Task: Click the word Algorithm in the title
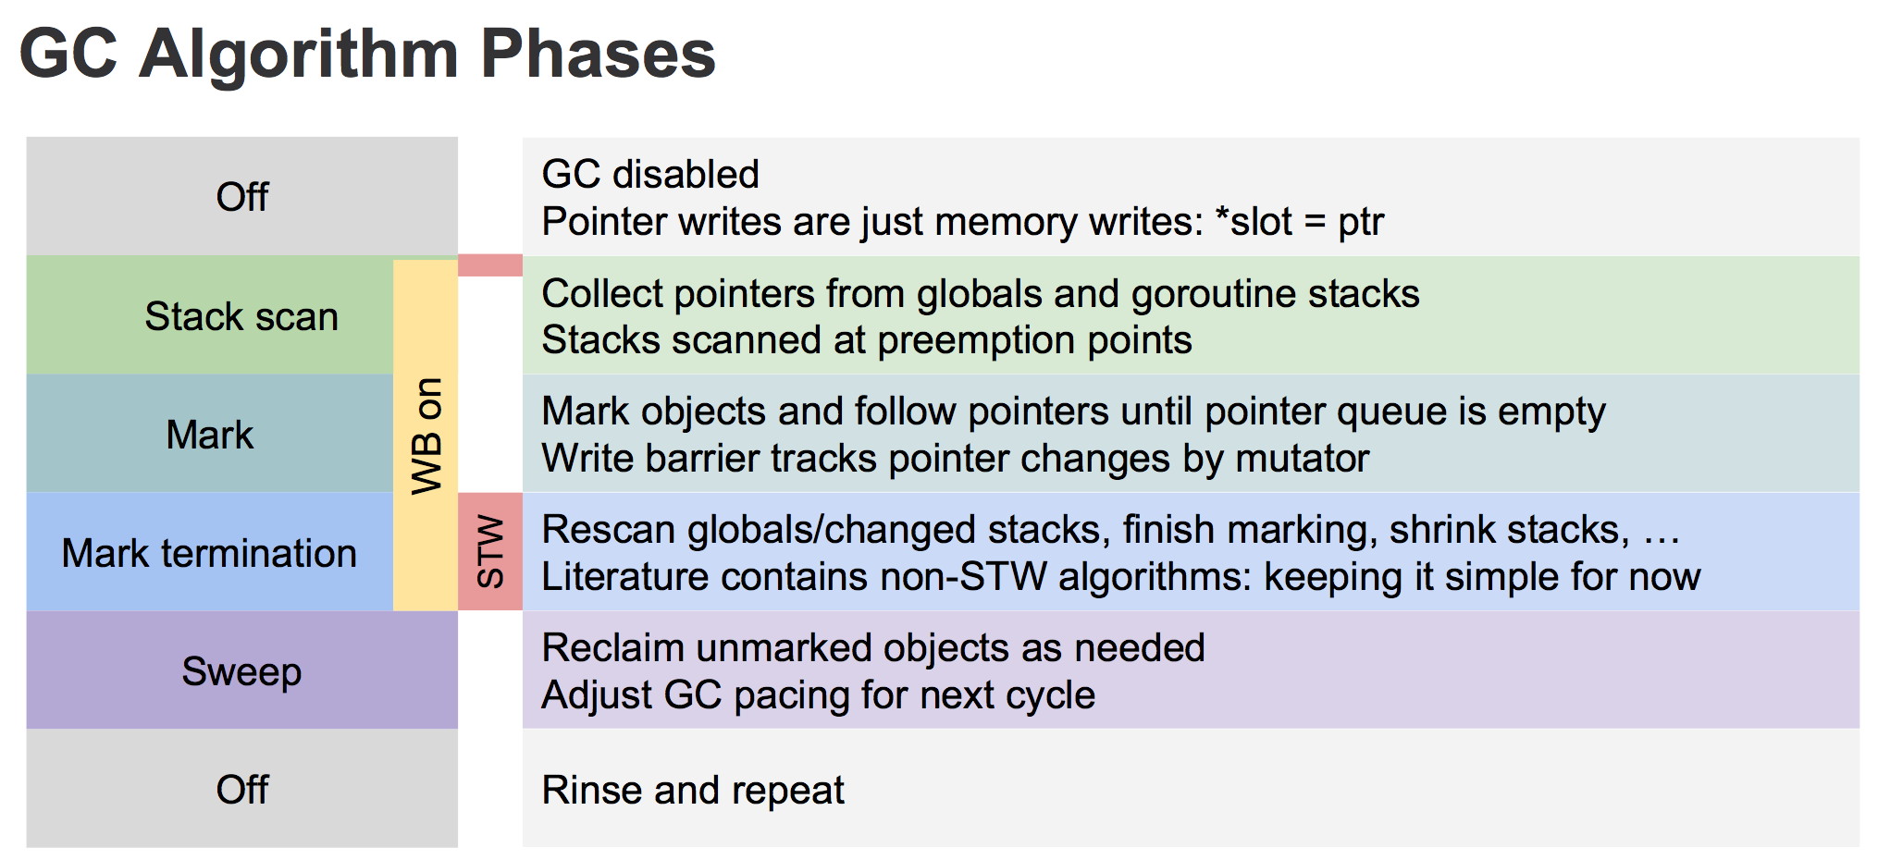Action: tap(298, 54)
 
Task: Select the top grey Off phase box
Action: tap(241, 197)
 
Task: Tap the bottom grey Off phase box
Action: tap(241, 789)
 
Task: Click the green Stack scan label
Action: tap(241, 316)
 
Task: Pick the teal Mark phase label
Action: tap(209, 435)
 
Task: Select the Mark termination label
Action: tap(209, 553)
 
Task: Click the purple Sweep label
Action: tap(241, 671)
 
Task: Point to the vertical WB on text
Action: tap(426, 435)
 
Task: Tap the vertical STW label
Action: tap(490, 552)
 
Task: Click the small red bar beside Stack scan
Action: tap(490, 265)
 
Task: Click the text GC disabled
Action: tap(650, 174)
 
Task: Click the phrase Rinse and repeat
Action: tap(693, 790)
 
